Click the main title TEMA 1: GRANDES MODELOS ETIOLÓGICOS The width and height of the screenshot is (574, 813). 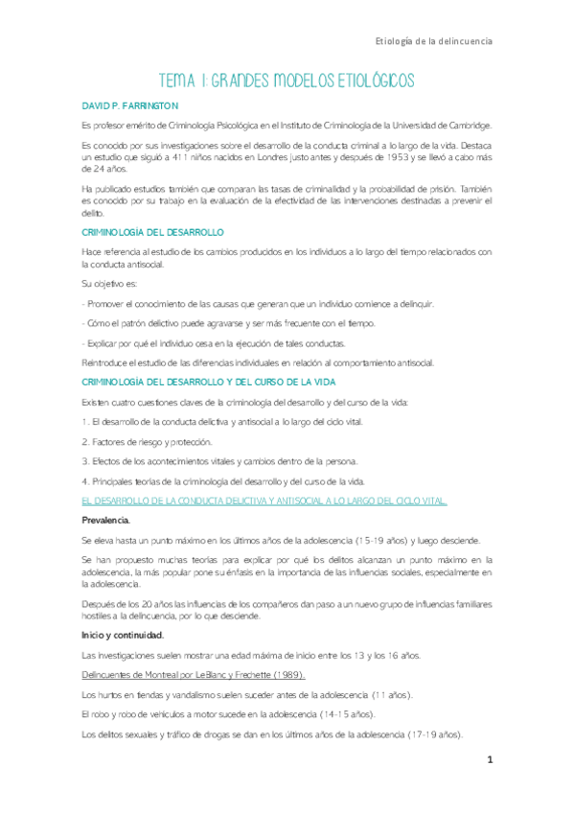tap(287, 81)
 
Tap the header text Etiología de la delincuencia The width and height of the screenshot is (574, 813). tap(434, 42)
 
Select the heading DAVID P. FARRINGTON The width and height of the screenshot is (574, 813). tap(130, 105)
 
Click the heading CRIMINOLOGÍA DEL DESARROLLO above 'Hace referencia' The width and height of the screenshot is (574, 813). tap(153, 233)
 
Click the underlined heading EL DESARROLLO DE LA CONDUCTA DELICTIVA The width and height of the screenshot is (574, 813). tap(264, 501)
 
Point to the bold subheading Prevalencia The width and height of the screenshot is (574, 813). tap(106, 520)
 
